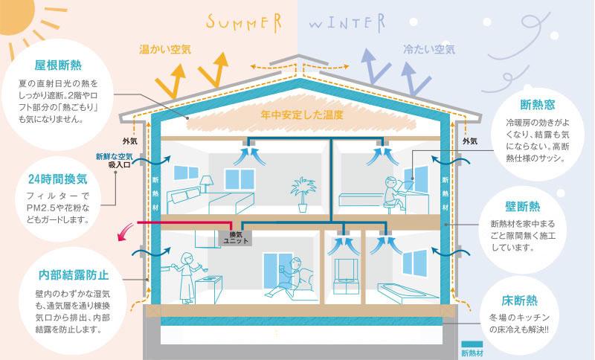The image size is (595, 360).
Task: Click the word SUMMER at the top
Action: tap(244, 22)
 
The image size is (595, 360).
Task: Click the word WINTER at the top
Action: tap(347, 23)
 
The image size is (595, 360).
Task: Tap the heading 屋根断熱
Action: tap(58, 65)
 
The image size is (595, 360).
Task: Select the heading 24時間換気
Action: tap(58, 179)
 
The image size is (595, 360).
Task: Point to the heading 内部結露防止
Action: tap(74, 274)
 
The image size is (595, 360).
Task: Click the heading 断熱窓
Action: tap(538, 105)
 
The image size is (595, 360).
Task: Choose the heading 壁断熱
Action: tap(523, 206)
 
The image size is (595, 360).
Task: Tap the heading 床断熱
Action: tap(519, 300)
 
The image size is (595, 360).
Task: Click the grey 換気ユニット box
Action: tap(236, 237)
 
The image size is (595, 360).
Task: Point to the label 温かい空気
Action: tap(165, 49)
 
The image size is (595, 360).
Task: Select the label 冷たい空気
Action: tap(429, 49)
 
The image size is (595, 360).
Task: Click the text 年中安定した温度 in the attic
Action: tap(302, 115)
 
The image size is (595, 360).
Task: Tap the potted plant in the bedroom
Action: tap(303, 194)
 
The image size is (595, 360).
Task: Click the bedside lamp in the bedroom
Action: tap(207, 184)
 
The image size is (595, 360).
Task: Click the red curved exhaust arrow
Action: tap(124, 232)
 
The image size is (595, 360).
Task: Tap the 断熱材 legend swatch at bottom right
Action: tap(472, 344)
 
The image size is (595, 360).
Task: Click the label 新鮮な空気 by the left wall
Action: tap(115, 156)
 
